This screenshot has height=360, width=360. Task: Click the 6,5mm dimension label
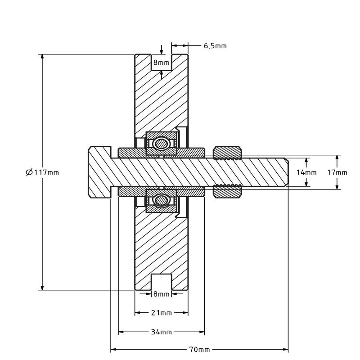pyautogui.click(x=215, y=45)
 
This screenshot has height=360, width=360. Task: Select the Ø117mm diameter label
pyautogui.click(x=43, y=172)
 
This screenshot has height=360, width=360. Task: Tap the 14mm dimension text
pyautogui.click(x=306, y=172)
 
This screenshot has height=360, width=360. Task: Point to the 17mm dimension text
pyautogui.click(x=337, y=172)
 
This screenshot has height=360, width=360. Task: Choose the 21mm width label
pyautogui.click(x=161, y=313)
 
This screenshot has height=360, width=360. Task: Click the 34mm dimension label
pyautogui.click(x=161, y=332)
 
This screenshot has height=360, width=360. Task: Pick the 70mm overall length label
pyautogui.click(x=199, y=349)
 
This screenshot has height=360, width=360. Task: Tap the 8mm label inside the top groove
pyautogui.click(x=161, y=63)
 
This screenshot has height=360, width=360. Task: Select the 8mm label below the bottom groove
pyautogui.click(x=161, y=294)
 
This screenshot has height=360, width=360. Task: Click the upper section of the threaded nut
pyautogui.click(x=227, y=153)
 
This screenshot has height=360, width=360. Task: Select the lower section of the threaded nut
pyautogui.click(x=227, y=191)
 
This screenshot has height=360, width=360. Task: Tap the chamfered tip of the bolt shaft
pyautogui.click(x=286, y=172)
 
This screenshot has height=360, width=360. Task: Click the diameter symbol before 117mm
pyautogui.click(x=29, y=172)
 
